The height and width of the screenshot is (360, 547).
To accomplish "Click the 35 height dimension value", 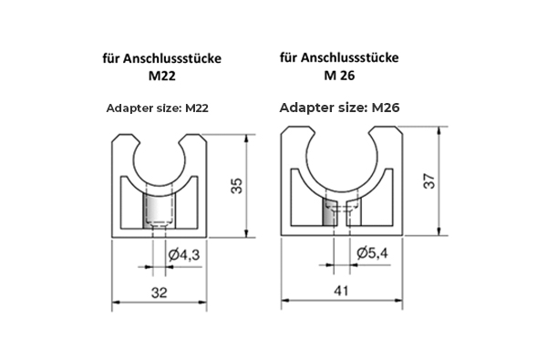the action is pyautogui.click(x=237, y=186).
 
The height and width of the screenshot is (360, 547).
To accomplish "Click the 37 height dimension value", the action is pyautogui.click(x=429, y=180).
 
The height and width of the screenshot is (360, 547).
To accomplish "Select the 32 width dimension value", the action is pyautogui.click(x=159, y=293).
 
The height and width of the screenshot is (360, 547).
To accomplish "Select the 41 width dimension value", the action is pyautogui.click(x=341, y=291).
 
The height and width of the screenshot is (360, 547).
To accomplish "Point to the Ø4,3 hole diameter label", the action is pyautogui.click(x=184, y=255).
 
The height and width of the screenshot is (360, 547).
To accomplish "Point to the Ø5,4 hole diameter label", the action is pyautogui.click(x=372, y=252).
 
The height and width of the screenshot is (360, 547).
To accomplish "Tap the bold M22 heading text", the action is pyautogui.click(x=162, y=76).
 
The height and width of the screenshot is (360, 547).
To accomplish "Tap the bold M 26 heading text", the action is pyautogui.click(x=339, y=75).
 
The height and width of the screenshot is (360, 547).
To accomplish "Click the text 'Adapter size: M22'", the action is pyautogui.click(x=158, y=108).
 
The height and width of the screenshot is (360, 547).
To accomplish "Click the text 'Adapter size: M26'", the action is pyautogui.click(x=339, y=108).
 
